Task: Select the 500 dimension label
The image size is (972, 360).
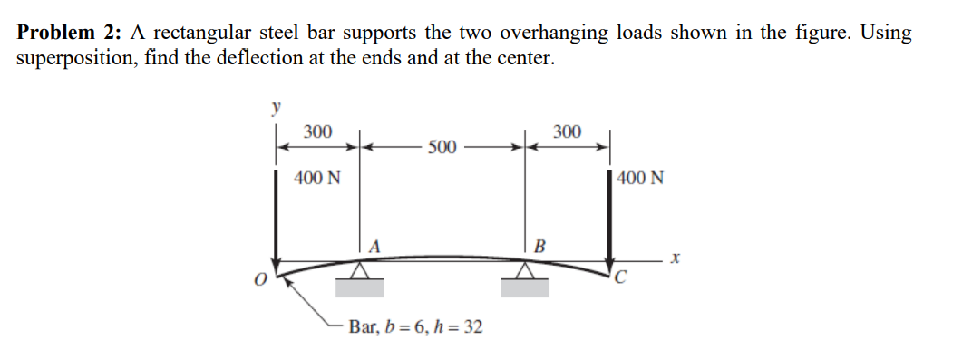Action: [442, 147]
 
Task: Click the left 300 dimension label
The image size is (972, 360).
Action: [316, 131]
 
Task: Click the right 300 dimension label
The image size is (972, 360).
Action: [566, 132]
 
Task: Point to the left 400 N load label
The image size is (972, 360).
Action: [317, 177]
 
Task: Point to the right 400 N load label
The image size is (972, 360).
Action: [640, 178]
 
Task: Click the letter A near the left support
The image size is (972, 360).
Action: [373, 245]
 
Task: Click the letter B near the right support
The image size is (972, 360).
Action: [539, 245]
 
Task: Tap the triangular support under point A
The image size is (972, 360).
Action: [360, 270]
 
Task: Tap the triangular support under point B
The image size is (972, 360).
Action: [525, 270]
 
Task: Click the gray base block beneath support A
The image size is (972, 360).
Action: [360, 287]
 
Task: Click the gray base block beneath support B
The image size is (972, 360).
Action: [525, 287]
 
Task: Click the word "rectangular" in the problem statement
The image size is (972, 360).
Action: [207, 34]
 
